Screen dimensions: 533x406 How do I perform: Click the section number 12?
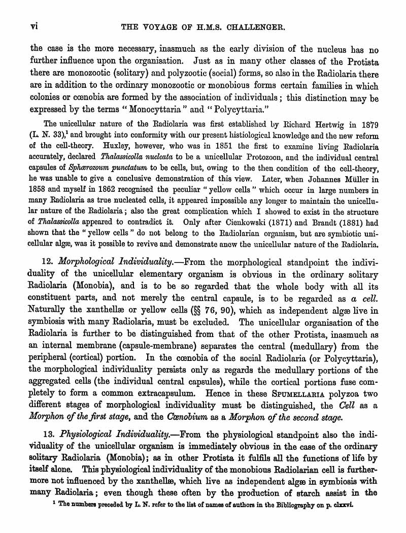pyautogui.click(x=48, y=262)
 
